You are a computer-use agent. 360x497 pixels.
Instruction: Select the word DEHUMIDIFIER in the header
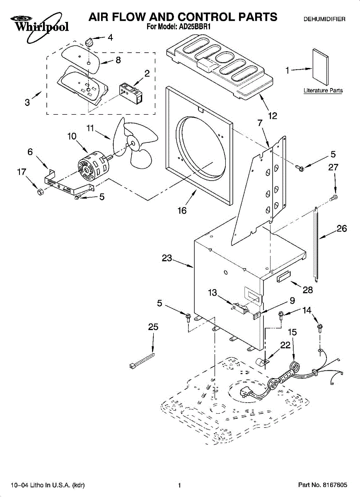pyautogui.click(x=324, y=19)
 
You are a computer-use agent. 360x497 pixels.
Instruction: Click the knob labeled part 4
pyautogui.click(x=89, y=41)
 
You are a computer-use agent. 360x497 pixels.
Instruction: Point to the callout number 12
pyautogui.click(x=273, y=116)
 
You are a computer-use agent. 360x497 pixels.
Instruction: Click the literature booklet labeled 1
pyautogui.click(x=320, y=67)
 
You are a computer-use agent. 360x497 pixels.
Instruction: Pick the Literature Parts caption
pyautogui.click(x=323, y=91)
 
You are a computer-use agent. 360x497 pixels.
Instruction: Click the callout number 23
pyautogui.click(x=167, y=258)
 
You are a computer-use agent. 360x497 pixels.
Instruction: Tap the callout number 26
pyautogui.click(x=342, y=228)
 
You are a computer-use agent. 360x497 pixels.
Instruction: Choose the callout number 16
pyautogui.click(x=182, y=210)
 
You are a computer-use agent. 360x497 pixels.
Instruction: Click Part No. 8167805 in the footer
pyautogui.click(x=322, y=485)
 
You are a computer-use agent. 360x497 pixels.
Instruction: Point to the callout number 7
pyautogui.click(x=260, y=123)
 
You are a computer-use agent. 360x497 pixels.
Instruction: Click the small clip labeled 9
pyautogui.click(x=256, y=316)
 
